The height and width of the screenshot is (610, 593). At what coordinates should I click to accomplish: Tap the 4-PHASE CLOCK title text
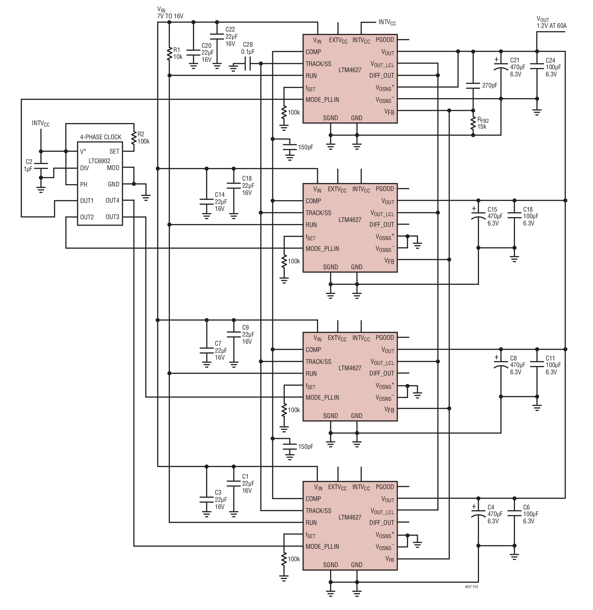(x=101, y=137)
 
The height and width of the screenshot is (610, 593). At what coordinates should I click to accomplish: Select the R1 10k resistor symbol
(x=170, y=54)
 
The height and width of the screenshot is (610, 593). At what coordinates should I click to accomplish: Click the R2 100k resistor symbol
(x=134, y=138)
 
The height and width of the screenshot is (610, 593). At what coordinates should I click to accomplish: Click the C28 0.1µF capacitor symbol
(x=248, y=64)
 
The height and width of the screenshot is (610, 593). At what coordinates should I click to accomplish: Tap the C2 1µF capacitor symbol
(x=41, y=166)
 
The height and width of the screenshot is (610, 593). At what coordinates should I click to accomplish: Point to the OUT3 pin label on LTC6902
(x=112, y=217)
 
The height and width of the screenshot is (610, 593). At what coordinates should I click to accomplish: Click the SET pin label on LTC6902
(x=114, y=151)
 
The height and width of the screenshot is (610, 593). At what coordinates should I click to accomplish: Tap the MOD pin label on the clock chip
(x=113, y=168)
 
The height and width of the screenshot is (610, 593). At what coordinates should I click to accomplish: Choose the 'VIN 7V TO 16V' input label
(x=170, y=13)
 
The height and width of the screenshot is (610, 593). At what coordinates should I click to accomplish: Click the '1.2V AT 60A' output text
(x=552, y=26)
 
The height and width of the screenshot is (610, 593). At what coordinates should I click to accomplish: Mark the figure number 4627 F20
(x=471, y=587)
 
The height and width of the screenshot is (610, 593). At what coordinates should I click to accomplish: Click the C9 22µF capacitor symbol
(x=234, y=334)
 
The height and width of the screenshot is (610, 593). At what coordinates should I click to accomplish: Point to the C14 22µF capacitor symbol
(x=206, y=202)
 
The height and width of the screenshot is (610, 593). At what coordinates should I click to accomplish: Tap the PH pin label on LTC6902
(x=84, y=184)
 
